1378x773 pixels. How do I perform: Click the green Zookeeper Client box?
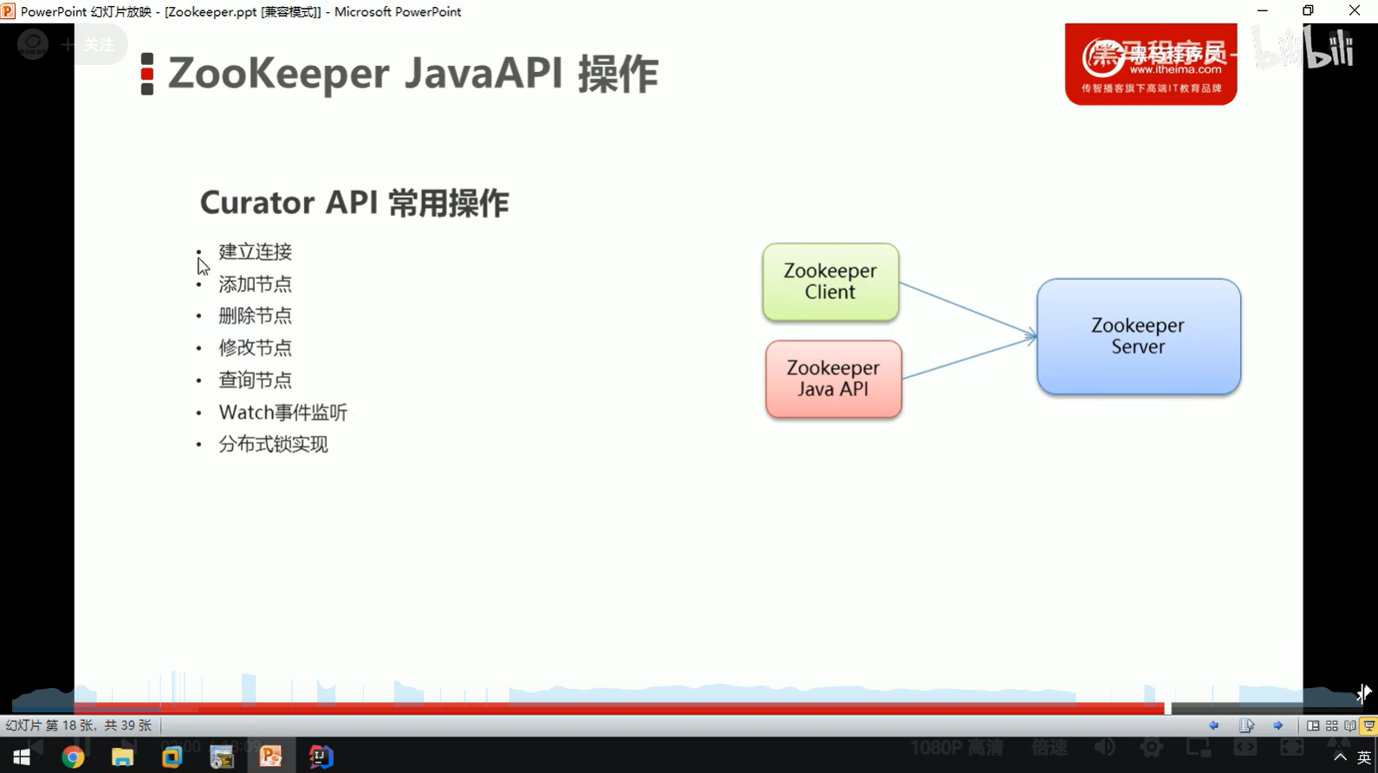tap(830, 282)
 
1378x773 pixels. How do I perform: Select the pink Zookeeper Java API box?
tap(833, 379)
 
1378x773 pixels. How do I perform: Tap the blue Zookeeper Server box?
tap(1138, 336)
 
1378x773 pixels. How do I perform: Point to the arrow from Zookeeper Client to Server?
tap(966, 308)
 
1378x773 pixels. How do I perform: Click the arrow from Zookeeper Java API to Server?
tap(969, 358)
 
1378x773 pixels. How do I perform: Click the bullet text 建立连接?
tap(255, 252)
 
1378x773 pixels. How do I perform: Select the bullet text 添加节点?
tap(255, 284)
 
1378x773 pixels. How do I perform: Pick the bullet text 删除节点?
tap(255, 316)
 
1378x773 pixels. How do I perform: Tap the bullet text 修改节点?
tap(255, 348)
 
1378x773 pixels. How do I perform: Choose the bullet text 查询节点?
tap(255, 380)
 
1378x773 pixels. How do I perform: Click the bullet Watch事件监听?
tap(283, 412)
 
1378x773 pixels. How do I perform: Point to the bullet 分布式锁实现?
tap(273, 445)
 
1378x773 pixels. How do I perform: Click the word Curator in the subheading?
tap(257, 203)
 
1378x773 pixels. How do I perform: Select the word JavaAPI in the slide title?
tap(484, 73)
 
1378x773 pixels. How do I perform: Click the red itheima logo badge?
tap(1150, 64)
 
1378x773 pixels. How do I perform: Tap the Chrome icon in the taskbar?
tap(73, 757)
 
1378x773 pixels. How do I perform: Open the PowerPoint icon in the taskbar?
tap(271, 757)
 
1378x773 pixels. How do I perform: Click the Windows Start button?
tap(22, 757)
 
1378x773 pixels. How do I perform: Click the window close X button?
tap(1355, 11)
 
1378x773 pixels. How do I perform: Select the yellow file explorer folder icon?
tap(122, 757)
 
